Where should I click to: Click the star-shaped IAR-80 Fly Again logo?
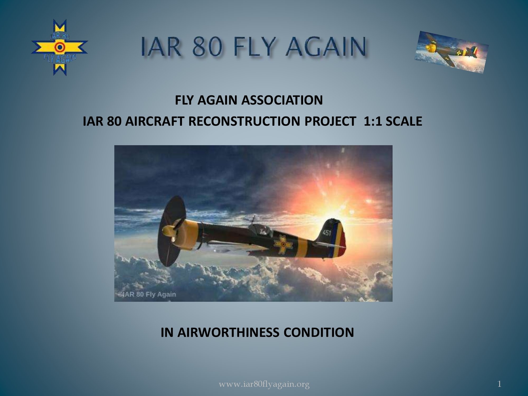60,48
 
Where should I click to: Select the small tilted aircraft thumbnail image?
452,52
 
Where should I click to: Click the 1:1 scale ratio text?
372,121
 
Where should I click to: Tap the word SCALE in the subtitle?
403,121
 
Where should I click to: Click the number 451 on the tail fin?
327,233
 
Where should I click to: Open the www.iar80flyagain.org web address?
264,384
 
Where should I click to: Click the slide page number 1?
499,384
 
